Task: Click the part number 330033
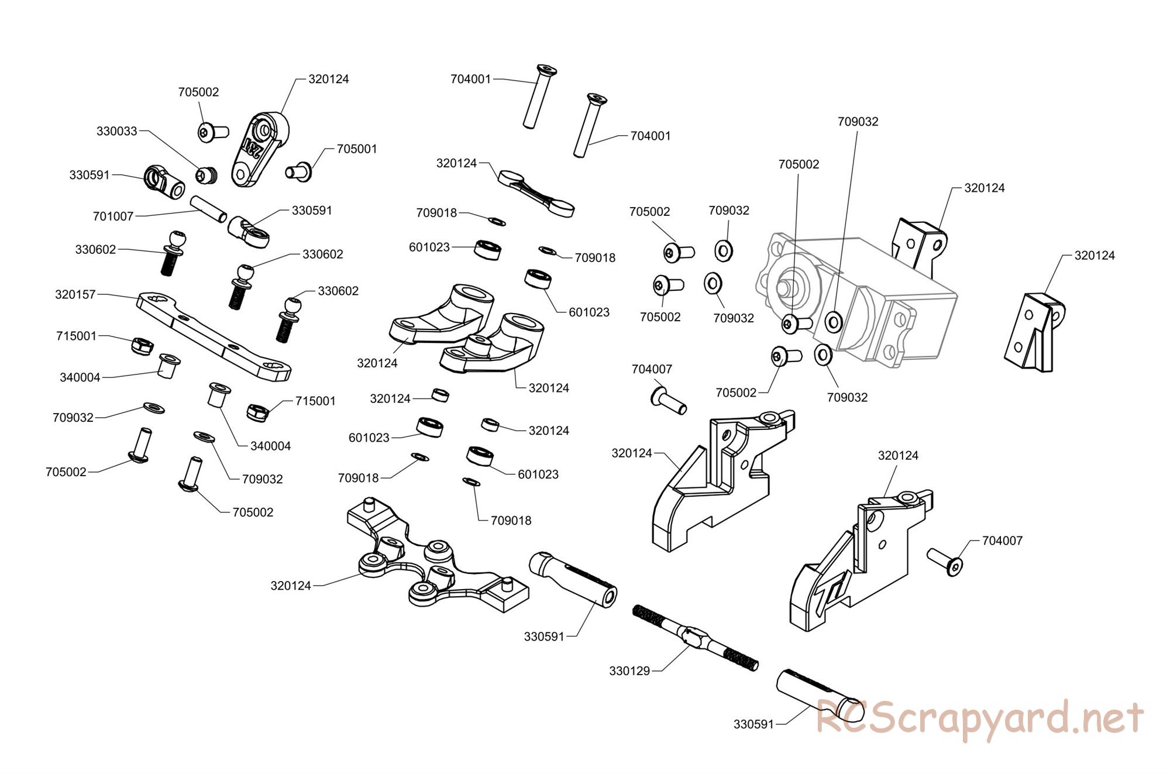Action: pyautogui.click(x=116, y=131)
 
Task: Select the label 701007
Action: pyautogui.click(x=113, y=216)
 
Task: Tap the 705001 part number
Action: pyautogui.click(x=357, y=149)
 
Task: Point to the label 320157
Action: pyautogui.click(x=75, y=295)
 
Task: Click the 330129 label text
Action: pyautogui.click(x=629, y=671)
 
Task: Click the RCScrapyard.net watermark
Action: pyautogui.click(x=979, y=718)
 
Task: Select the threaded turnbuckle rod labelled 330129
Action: pyautogui.click(x=696, y=638)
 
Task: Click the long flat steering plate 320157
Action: pyautogui.click(x=214, y=336)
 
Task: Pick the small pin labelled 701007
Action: pyautogui.click(x=208, y=208)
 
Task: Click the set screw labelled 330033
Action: pyautogui.click(x=207, y=174)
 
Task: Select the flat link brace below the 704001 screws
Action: pyautogui.click(x=536, y=193)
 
